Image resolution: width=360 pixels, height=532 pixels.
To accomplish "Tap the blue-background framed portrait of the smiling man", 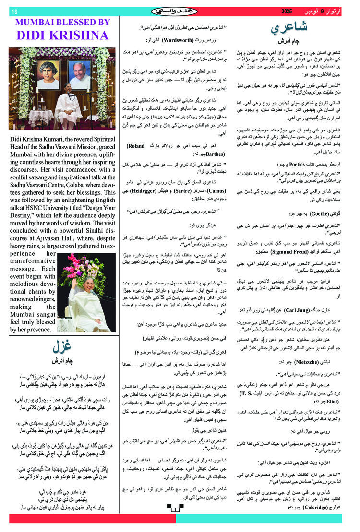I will (x=79, y=74).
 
